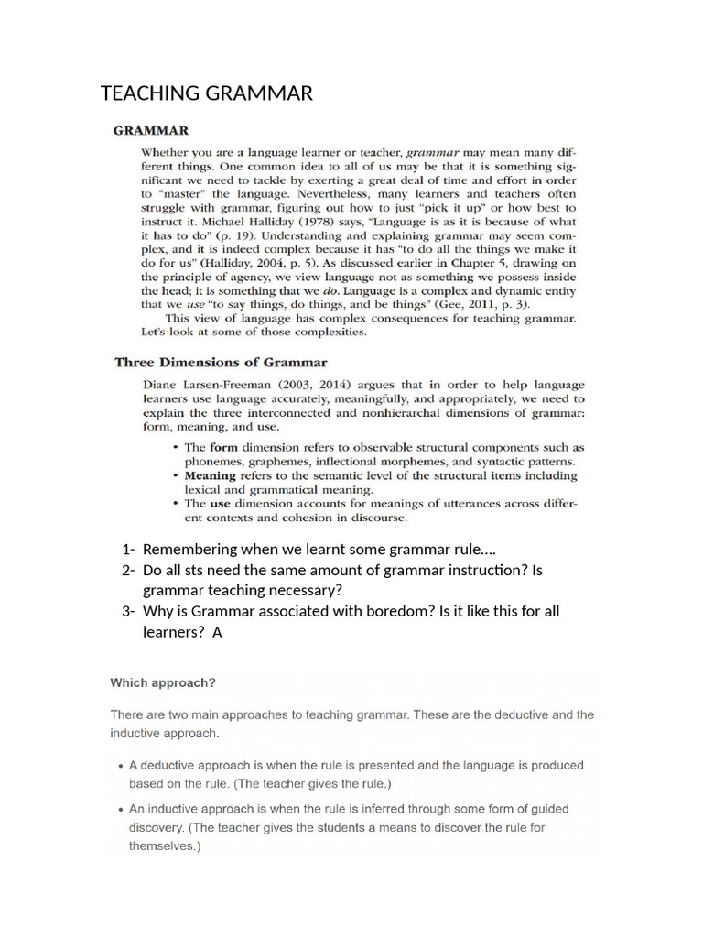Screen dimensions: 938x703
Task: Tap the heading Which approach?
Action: [x=163, y=682]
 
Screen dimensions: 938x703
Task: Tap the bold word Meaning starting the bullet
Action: [x=211, y=476]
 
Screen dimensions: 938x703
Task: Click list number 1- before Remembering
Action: [x=127, y=550]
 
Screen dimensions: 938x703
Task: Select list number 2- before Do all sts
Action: [x=127, y=571]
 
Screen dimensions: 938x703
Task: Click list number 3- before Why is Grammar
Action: [x=127, y=612]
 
